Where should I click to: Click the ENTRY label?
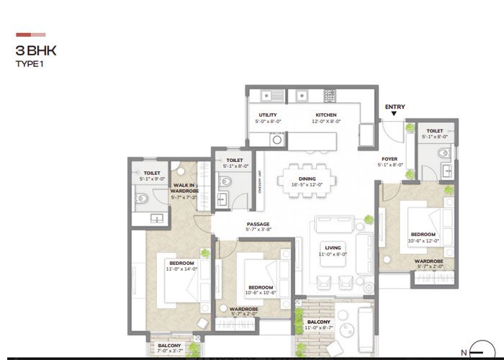tap(395, 107)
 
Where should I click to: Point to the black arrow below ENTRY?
tap(395, 115)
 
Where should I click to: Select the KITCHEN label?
tap(325, 115)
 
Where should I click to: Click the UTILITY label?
tap(268, 115)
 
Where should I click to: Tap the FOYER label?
tap(390, 159)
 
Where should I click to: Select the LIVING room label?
tap(333, 247)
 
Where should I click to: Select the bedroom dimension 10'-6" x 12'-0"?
tap(423, 240)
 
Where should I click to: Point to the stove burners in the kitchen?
tap(330, 94)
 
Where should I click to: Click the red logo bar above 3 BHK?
tap(31, 34)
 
